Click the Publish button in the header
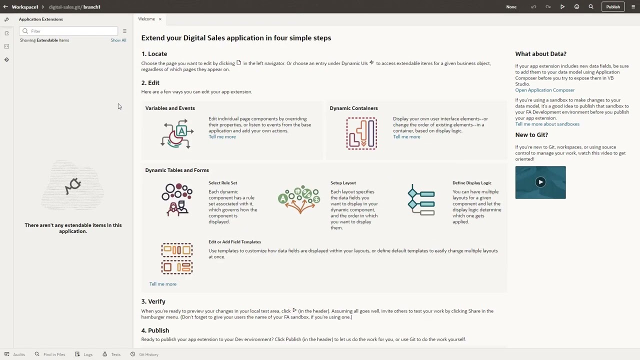pos(612,7)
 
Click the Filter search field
pos(70,31)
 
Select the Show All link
pos(118,40)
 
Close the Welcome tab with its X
pos(160,19)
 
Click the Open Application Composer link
pos(544,90)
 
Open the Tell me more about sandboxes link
pos(547,124)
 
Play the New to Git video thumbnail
pos(540,182)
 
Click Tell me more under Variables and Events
pos(222,136)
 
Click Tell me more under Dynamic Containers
pos(406,136)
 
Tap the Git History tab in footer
pos(148,354)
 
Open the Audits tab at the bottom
pos(19,354)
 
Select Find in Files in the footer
pos(54,354)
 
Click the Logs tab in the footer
pos(88,354)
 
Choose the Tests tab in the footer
pos(115,354)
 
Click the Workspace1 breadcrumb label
pos(25,7)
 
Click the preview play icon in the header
pos(562,7)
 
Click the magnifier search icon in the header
pos(591,7)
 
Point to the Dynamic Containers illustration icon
pos(361,133)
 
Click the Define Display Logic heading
pos(471,183)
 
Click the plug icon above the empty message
pos(73,185)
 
